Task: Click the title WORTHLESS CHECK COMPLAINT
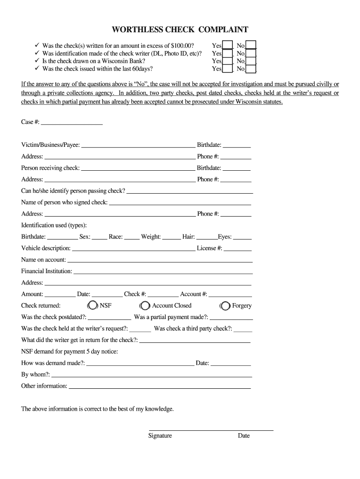click(x=180, y=30)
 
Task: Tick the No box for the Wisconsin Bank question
click(x=251, y=61)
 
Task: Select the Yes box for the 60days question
click(x=227, y=69)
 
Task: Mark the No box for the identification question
click(x=251, y=53)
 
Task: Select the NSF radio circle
click(x=93, y=306)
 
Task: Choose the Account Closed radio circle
click(x=145, y=306)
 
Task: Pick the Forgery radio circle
click(x=225, y=306)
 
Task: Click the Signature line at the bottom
click(x=211, y=429)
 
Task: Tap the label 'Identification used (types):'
click(x=54, y=225)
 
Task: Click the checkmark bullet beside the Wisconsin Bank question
click(x=37, y=61)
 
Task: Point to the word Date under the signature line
click(x=244, y=436)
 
